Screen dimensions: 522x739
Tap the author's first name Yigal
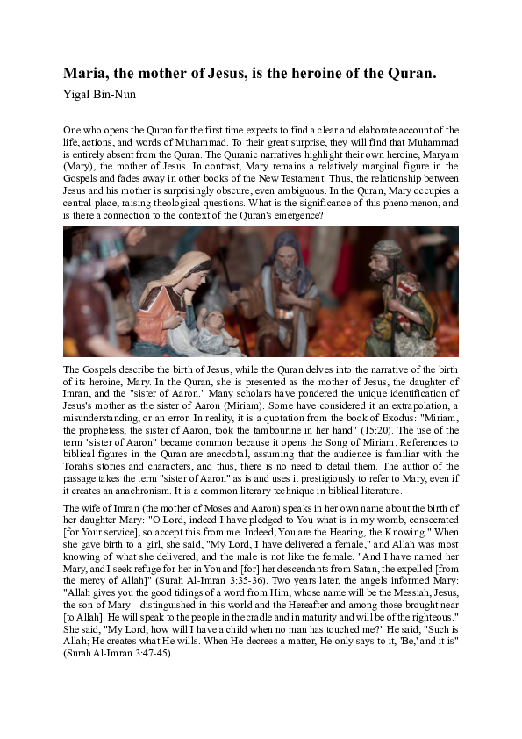click(77, 92)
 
